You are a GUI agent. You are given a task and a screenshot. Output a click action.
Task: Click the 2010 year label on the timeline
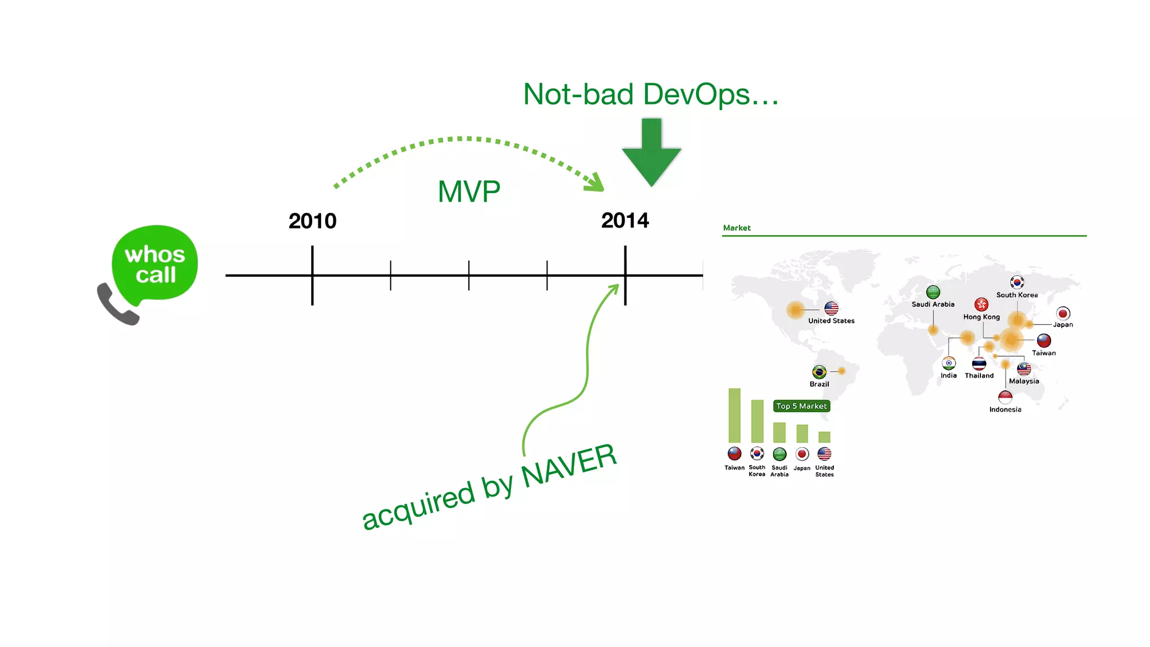coord(312,221)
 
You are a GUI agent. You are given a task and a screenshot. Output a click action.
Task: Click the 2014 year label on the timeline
coord(625,220)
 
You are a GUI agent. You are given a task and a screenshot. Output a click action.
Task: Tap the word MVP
coord(469,192)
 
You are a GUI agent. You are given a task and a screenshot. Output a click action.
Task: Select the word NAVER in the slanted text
coord(569,466)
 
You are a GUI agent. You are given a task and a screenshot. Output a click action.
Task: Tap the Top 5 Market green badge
coord(801,406)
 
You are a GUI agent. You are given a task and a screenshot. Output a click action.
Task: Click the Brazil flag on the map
coord(819,372)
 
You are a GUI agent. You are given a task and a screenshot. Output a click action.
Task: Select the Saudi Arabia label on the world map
coord(933,304)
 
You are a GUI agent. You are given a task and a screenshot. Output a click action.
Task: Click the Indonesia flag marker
coord(1005,398)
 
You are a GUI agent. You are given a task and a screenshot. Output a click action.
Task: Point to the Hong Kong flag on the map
coord(981,304)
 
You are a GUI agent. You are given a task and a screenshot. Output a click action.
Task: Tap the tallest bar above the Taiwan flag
coord(734,416)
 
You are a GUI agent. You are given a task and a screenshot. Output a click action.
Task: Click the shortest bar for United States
coord(824,437)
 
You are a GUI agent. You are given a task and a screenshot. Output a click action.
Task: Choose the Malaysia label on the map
coord(1024,381)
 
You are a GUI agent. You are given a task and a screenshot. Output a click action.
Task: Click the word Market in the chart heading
coord(737,227)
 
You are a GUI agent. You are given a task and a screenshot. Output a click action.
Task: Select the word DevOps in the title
coord(696,94)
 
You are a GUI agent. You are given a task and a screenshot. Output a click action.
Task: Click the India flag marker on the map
coord(949,363)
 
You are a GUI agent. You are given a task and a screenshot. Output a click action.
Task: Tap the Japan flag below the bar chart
coord(802,454)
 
